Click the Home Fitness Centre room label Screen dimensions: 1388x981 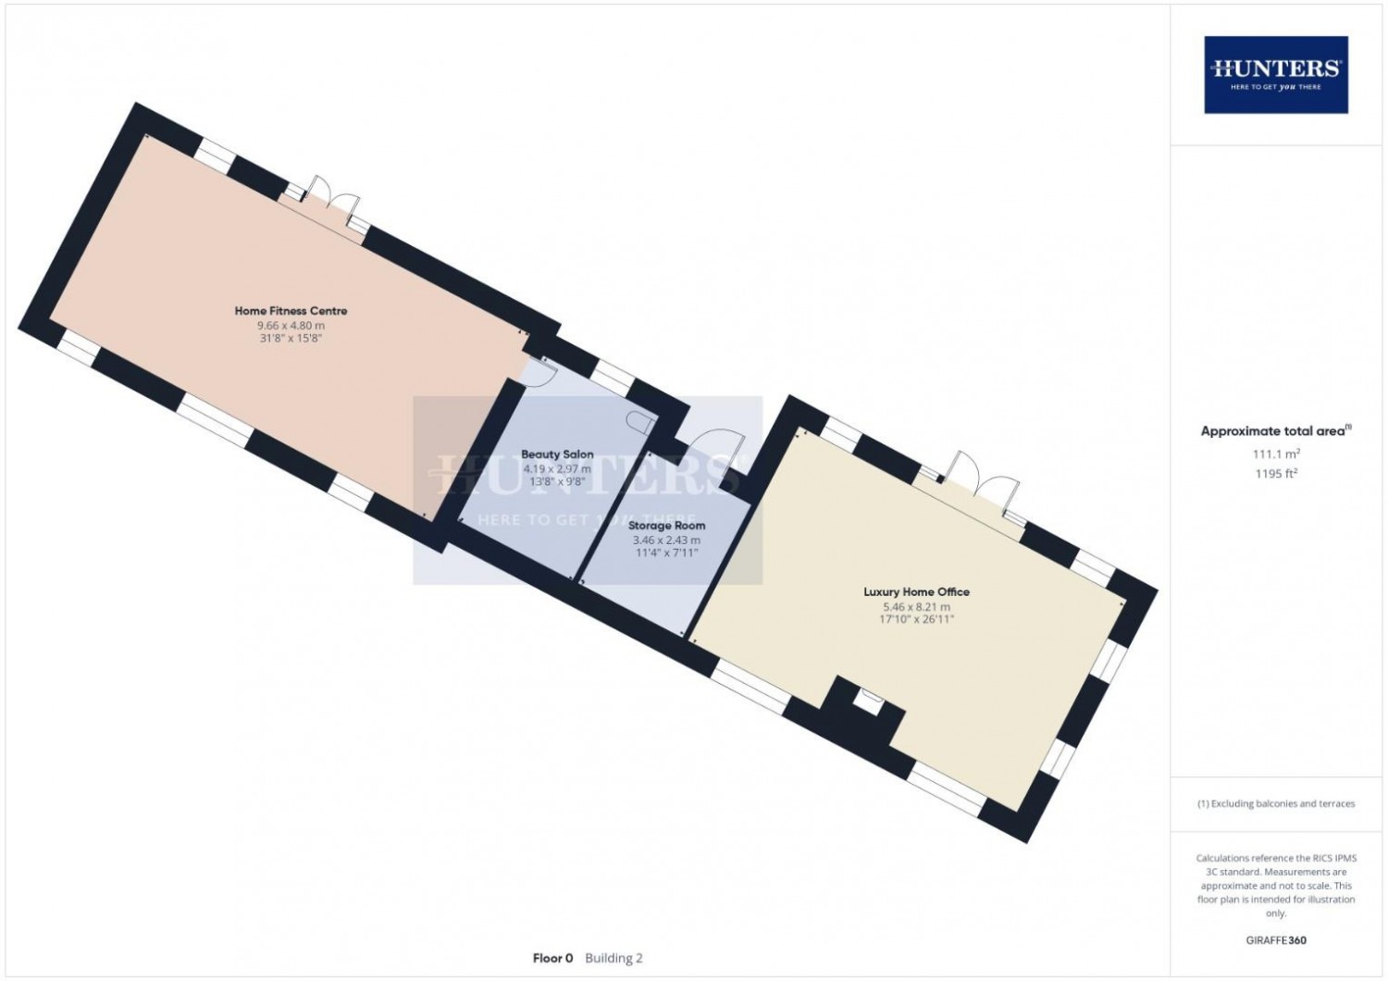[291, 310]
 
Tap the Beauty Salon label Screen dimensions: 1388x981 [557, 454]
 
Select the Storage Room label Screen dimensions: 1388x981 [667, 526]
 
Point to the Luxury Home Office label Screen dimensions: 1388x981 [916, 591]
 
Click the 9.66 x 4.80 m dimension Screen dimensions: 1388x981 [291, 326]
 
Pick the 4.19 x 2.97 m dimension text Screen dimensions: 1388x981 [557, 468]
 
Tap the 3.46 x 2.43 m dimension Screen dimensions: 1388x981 [667, 540]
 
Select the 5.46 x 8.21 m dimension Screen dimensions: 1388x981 [916, 607]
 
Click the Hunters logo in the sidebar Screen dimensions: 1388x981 [1276, 74]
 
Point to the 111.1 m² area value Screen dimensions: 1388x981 [1276, 453]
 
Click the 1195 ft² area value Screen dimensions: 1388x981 [1276, 474]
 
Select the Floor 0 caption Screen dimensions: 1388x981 [552, 958]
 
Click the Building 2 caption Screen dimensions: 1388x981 [613, 958]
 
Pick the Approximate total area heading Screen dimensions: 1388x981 [1276, 431]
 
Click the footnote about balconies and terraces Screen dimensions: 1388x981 [1276, 803]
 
